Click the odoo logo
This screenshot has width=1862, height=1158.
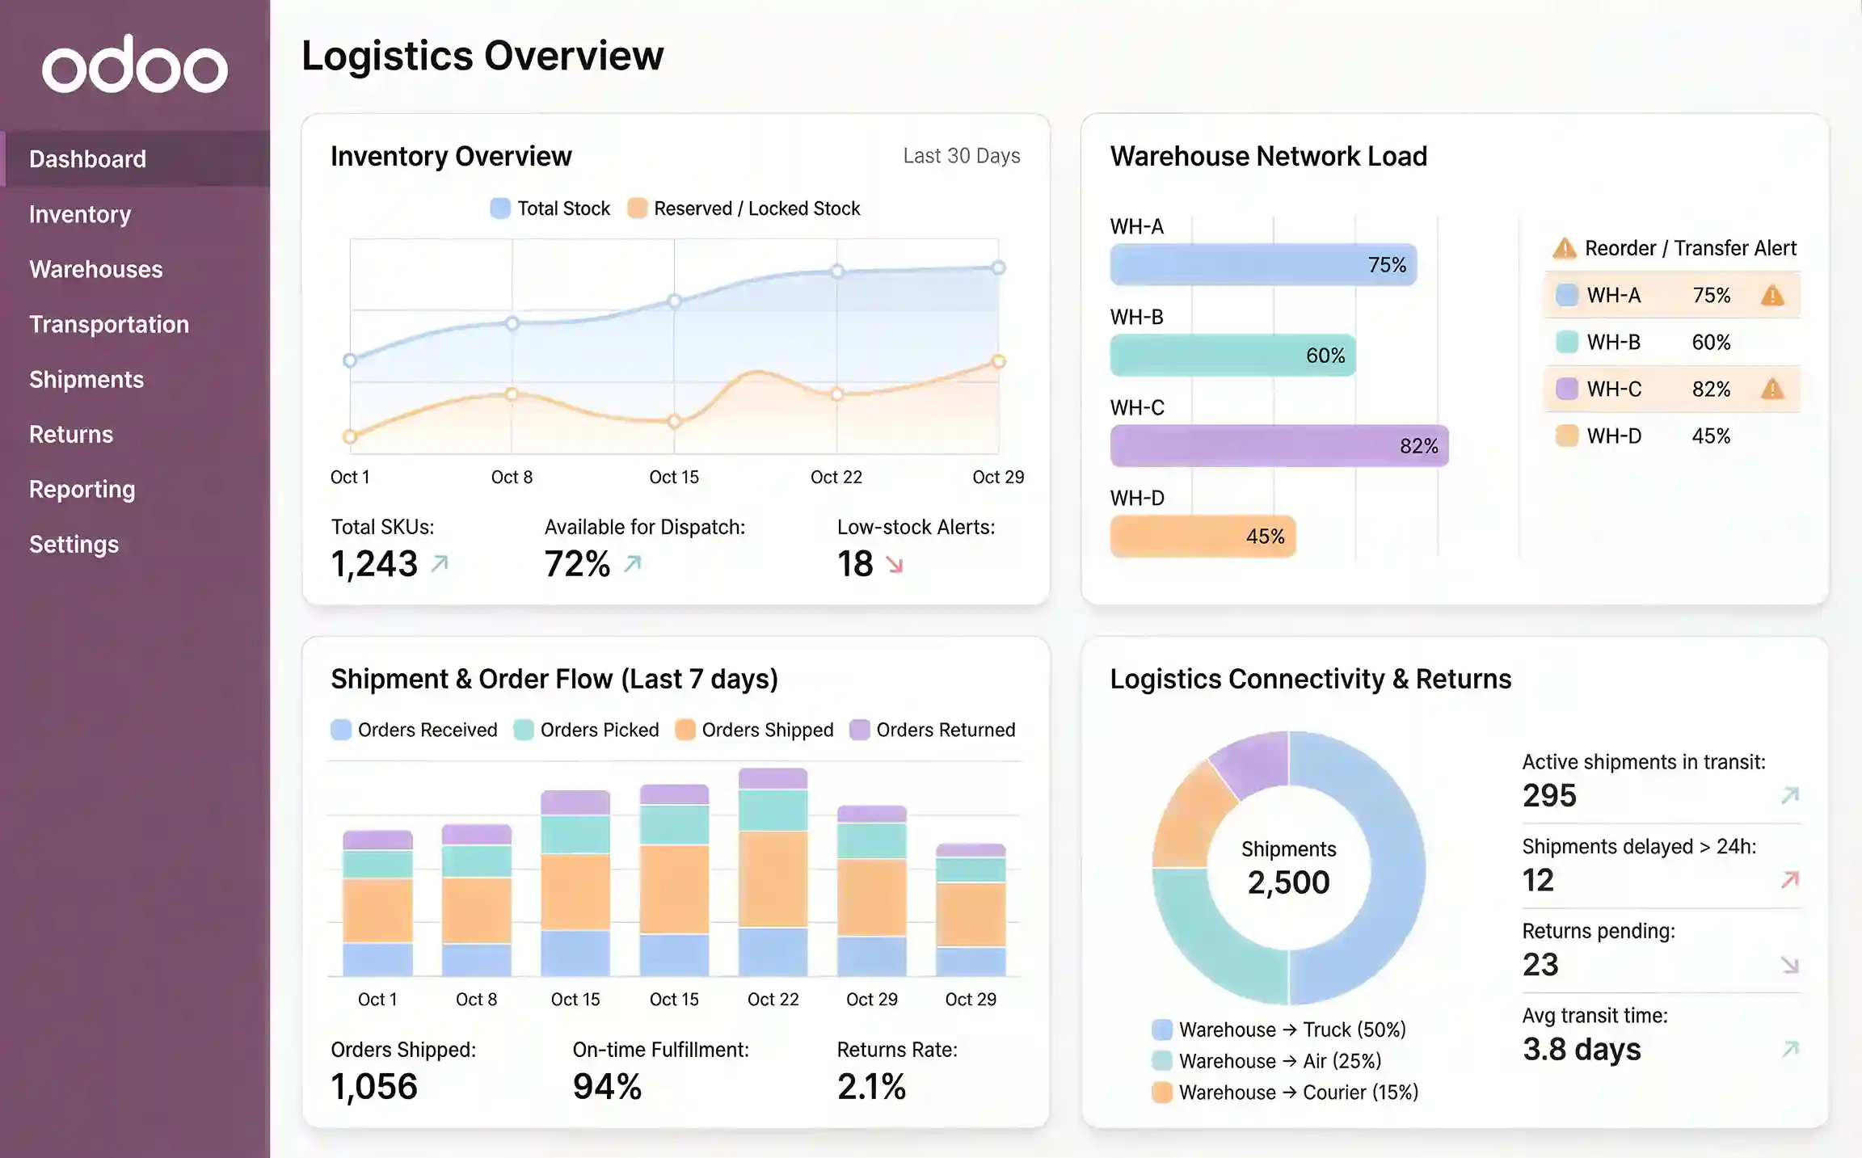click(x=135, y=65)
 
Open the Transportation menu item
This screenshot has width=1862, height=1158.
click(x=109, y=325)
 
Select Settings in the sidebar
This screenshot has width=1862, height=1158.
click(x=74, y=545)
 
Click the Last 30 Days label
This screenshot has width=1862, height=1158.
click(x=961, y=156)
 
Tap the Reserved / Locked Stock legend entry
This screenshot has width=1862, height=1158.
click(x=744, y=208)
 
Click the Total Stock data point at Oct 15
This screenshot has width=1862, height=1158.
click(x=674, y=301)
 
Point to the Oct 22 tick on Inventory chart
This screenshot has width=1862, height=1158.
click(x=836, y=478)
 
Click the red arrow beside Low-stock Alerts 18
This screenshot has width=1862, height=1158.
click(x=894, y=565)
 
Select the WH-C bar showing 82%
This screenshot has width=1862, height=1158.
click(x=1279, y=446)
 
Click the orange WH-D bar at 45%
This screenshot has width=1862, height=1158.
click(x=1202, y=537)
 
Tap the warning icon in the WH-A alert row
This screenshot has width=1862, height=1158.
click(x=1771, y=296)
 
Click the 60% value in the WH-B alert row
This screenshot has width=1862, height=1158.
click(x=1711, y=343)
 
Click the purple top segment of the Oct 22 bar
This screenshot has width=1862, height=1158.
click(x=773, y=779)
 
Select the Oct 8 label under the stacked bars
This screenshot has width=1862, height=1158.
click(x=476, y=1000)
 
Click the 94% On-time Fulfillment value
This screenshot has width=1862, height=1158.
click(x=607, y=1087)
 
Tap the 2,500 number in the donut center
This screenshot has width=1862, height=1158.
click(x=1288, y=882)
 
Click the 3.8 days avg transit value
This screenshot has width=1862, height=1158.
click(x=1581, y=1050)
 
